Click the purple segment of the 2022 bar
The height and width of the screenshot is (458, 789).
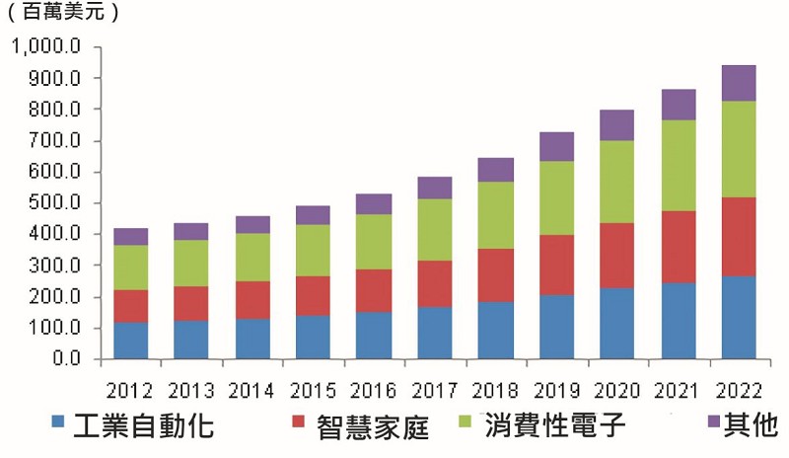pos(739,83)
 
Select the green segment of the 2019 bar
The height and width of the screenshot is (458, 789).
pos(556,198)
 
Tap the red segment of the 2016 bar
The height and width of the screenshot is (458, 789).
pos(374,291)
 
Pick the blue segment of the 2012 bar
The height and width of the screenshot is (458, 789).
pos(131,341)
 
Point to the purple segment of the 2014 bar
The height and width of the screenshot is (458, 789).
pos(252,225)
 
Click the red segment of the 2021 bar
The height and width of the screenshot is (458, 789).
pos(679,247)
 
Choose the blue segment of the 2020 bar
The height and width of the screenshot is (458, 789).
pos(617,324)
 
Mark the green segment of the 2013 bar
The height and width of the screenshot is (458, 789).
pos(190,263)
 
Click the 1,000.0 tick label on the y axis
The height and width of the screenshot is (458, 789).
pos(45,46)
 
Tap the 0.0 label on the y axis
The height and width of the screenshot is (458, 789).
pos(66,358)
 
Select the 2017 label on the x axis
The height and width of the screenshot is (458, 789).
pos(435,391)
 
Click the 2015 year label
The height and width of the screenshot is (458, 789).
pos(313,391)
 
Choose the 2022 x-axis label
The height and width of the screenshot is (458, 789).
pos(739,391)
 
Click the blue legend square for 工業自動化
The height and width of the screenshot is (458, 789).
pos(58,421)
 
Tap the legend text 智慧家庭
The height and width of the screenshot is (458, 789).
pos(373,426)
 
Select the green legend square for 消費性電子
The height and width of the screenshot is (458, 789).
pos(465,420)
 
